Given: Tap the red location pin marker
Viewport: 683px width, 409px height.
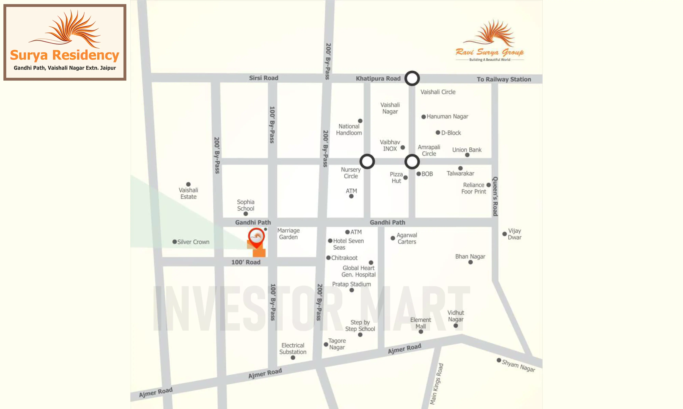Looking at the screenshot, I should [256, 237].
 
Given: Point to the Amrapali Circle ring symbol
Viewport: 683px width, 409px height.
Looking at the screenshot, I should [412, 162].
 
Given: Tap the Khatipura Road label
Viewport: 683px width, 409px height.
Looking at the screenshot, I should [378, 79].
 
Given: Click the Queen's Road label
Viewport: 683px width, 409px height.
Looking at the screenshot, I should [495, 196].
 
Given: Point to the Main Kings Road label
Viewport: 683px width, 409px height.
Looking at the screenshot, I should [436, 384].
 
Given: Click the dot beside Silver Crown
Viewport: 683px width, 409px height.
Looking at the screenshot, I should [175, 242].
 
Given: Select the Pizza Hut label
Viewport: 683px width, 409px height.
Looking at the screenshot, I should [396, 178].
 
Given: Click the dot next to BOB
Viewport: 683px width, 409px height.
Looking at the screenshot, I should [419, 174].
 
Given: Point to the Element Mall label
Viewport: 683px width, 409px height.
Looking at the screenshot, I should [420, 323].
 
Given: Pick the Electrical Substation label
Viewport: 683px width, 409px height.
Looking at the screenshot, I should [293, 349].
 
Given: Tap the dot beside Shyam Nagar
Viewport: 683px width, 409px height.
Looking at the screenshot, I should [499, 360].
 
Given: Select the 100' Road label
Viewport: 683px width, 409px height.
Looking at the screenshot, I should [245, 262].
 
